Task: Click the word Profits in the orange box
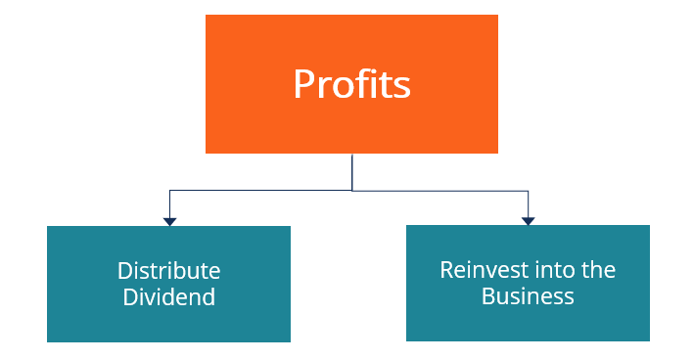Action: [351, 85]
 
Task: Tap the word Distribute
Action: [169, 271]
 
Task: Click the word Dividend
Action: [169, 296]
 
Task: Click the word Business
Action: [528, 295]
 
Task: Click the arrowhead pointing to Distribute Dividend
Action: [170, 221]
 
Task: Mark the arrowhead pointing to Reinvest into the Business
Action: [528, 220]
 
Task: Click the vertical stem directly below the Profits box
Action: [351, 171]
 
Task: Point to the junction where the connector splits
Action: [351, 191]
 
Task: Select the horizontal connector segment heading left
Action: [259, 191]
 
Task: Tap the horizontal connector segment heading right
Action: [440, 191]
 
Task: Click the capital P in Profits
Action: [303, 84]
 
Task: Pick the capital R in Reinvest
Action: [446, 269]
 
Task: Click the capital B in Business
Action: [487, 295]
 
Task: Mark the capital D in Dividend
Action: [130, 296]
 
